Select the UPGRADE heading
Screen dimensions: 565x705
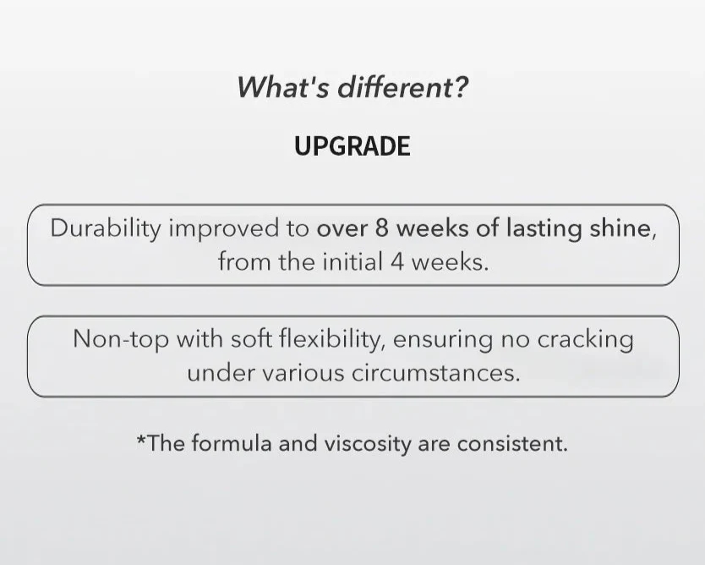pos(352,146)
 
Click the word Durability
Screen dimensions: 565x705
pos(105,229)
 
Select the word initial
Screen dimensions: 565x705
pos(352,261)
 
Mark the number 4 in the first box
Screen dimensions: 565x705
pos(397,261)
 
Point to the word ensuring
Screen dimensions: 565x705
pos(442,339)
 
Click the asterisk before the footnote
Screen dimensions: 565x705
pos(141,441)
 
